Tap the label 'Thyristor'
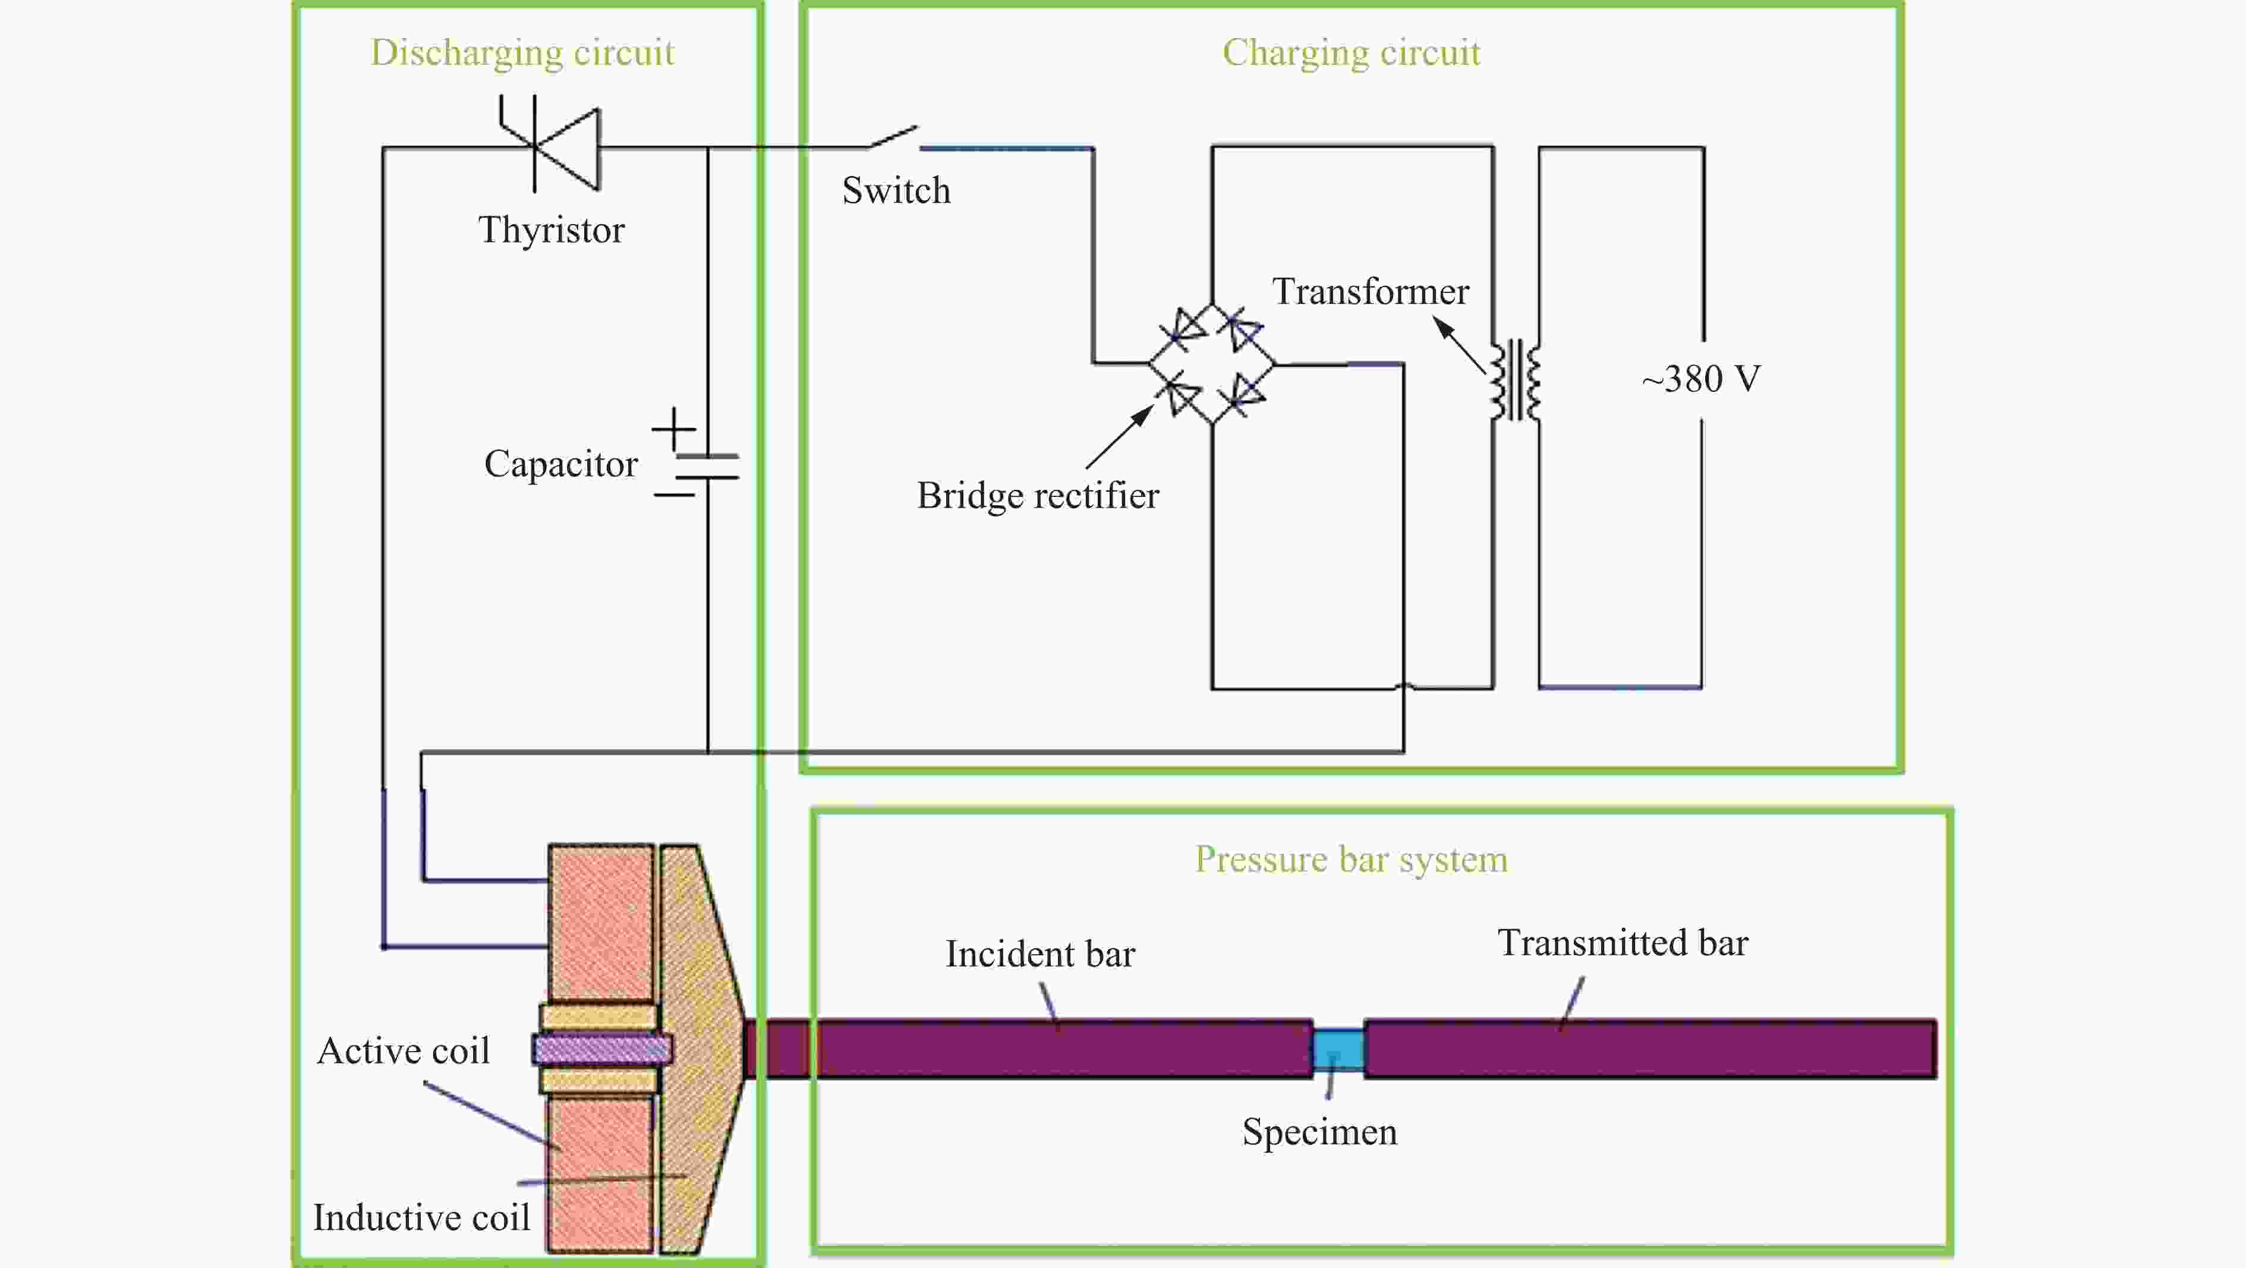point(551,230)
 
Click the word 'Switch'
point(896,190)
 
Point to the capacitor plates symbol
point(707,467)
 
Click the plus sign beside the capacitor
point(674,429)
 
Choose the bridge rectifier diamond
point(1211,364)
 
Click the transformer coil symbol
point(1516,380)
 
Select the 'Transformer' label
point(1371,291)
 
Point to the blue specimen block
point(1338,1049)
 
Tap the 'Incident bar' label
point(1040,954)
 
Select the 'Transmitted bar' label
point(1623,943)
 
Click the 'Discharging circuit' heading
point(522,53)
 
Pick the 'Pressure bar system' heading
point(1350,860)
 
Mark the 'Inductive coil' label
point(421,1217)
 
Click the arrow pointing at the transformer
point(1460,345)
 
